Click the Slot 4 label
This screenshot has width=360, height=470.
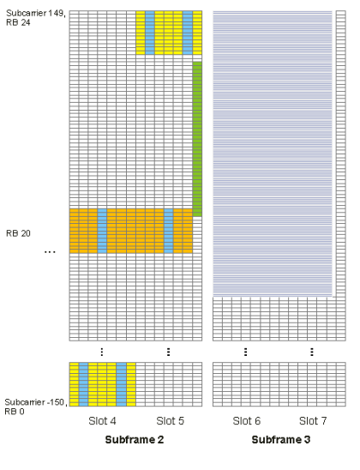102,421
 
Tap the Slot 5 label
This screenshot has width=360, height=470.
170,421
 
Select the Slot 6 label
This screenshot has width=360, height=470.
247,421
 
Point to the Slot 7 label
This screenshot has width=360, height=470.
313,421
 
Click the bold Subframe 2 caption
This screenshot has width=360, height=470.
135,440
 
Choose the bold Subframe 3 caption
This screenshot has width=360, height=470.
281,440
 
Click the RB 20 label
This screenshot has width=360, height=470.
18,233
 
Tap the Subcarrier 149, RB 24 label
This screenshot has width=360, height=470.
36,18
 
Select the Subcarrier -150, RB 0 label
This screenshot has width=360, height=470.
35,407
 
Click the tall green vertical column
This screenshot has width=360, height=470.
197,139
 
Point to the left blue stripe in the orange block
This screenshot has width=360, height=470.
102,231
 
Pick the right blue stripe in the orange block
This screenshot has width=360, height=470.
169,231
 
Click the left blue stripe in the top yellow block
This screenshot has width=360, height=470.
150,33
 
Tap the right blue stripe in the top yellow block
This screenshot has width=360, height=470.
188,33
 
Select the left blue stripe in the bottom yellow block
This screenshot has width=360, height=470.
83,384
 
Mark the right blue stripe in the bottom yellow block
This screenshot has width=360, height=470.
122,384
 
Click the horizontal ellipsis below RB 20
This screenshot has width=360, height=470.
50,252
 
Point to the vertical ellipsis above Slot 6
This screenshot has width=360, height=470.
246,352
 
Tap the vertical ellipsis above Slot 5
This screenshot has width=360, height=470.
169,352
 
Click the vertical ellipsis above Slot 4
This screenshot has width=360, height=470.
102,352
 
